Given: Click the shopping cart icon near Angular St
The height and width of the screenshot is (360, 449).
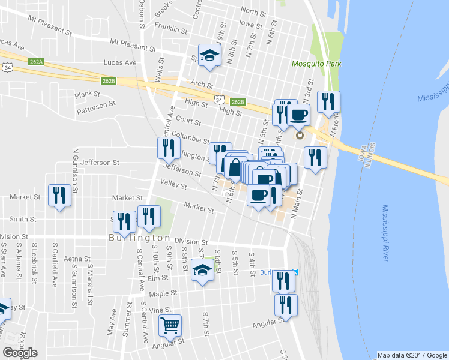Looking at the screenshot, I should [170, 325].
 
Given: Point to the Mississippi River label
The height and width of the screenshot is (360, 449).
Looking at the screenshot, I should [385, 232].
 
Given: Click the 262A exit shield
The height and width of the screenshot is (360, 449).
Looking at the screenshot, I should [36, 61].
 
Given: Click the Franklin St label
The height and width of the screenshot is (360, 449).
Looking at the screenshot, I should [167, 26].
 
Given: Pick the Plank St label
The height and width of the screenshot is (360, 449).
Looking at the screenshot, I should [88, 94].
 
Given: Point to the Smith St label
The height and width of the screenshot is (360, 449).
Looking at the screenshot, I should [23, 220].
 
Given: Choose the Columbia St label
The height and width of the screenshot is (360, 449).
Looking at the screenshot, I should [190, 137].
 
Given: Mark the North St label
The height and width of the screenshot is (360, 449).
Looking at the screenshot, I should [253, 11].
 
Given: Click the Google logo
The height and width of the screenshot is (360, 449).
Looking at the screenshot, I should [20, 353].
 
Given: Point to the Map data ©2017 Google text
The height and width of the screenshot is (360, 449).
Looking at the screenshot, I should [412, 355].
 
